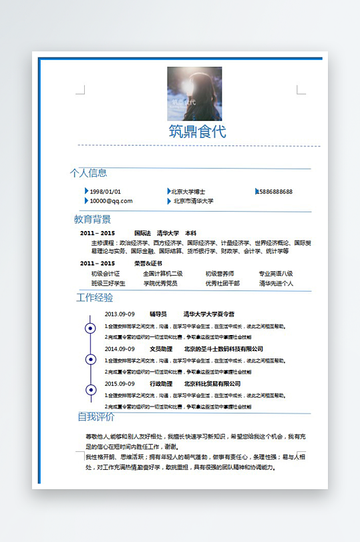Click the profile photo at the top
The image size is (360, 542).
(x=194, y=93)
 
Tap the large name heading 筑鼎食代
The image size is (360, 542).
(x=197, y=131)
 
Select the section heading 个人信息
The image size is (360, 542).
(x=88, y=174)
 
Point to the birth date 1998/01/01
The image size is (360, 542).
(x=106, y=192)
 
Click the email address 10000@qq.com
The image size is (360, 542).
(x=111, y=201)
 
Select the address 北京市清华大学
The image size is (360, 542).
(x=193, y=201)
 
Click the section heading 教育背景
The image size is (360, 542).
(x=92, y=219)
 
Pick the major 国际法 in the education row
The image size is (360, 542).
(x=142, y=233)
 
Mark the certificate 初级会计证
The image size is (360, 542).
(x=106, y=274)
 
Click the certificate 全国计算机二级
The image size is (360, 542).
(x=162, y=274)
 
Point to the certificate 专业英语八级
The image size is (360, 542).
(x=276, y=274)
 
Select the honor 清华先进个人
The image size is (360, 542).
(x=276, y=283)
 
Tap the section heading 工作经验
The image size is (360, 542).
(x=95, y=298)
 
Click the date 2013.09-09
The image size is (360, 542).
(x=120, y=314)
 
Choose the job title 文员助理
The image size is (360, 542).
(x=161, y=349)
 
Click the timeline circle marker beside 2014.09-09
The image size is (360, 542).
(x=90, y=359)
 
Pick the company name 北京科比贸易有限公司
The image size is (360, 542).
(x=212, y=384)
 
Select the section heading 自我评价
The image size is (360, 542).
(x=96, y=417)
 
